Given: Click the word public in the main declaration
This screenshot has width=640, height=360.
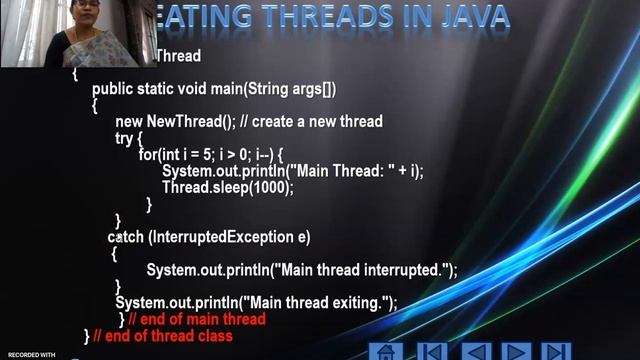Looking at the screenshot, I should pyautogui.click(x=112, y=88).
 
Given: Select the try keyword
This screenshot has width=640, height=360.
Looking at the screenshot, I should pyautogui.click(x=125, y=138).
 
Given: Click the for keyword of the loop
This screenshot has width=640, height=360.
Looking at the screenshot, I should pyautogui.click(x=148, y=155).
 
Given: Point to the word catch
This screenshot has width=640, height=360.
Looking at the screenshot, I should pyautogui.click(x=125, y=237).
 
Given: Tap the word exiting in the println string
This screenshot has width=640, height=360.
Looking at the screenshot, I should pyautogui.click(x=356, y=303).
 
